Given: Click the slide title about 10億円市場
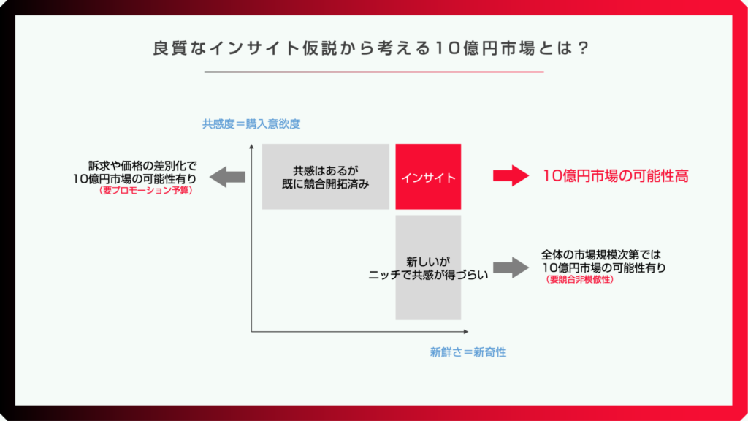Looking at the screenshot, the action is pos(371,48).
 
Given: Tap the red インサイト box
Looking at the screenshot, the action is pos(428,177).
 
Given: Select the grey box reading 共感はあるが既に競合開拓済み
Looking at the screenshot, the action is pos(325,177).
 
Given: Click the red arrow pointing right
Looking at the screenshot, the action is pos(511,175).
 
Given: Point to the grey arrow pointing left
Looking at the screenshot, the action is pos(228,177).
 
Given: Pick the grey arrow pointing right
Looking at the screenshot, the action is pos(511,268).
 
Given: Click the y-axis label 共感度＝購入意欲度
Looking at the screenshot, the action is pos(251,124).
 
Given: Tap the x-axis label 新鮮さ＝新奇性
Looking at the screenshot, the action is pos(468,352).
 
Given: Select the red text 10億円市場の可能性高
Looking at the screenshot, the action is pos(615,176).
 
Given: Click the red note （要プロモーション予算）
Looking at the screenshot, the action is pos(145,191).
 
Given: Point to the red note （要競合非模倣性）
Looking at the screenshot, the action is pos(579,280).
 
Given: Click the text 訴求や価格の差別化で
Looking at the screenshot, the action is pos(142,166).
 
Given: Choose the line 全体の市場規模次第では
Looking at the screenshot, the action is pos(601,255).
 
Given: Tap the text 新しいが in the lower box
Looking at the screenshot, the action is pos(428,262).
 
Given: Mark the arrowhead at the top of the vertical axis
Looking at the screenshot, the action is pos(251,146).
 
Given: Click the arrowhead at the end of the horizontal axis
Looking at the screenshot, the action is pos(466,331).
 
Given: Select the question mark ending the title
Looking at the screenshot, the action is pos(583,48).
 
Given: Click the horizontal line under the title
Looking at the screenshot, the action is pos(374,72).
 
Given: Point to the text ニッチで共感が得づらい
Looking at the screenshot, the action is pos(428,275).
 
